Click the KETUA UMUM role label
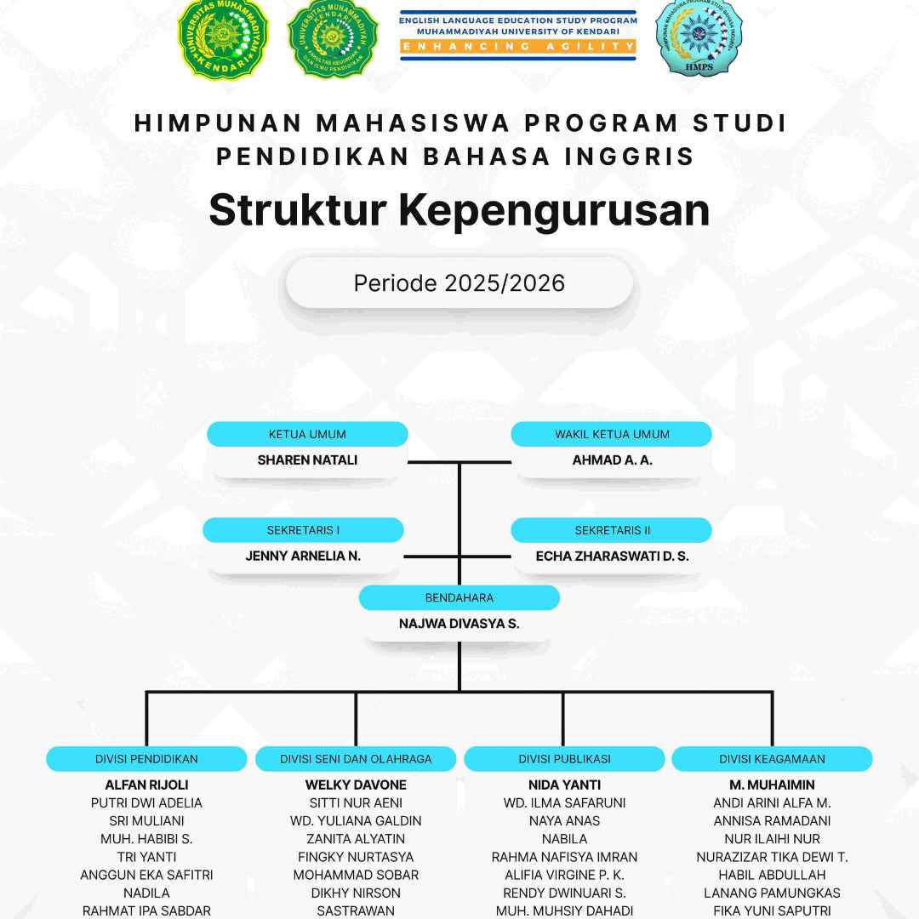pos(307,434)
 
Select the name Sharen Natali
pos(307,460)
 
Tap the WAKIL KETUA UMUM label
pos(612,434)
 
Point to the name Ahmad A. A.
pos(612,460)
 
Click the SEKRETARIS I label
pos(303,530)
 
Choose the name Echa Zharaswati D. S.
pos(612,557)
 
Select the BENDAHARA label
pos(459,597)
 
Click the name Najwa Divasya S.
pos(459,624)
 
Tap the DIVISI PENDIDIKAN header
pos(146,759)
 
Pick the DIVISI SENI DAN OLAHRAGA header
pos(356,759)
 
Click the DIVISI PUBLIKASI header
pos(564,759)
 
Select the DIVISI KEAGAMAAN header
pos(772,759)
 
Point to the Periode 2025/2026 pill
pos(459,283)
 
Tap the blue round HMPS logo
pos(698,37)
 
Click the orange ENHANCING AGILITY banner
pos(518,46)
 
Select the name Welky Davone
pos(356,785)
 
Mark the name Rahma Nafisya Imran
pos(564,857)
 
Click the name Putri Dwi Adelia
pos(146,802)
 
